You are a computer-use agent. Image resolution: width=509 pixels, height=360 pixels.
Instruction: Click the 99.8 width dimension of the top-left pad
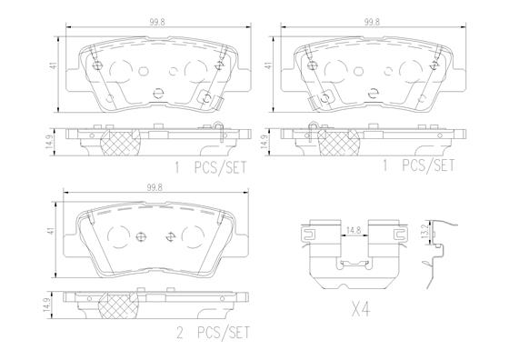[x=157, y=22]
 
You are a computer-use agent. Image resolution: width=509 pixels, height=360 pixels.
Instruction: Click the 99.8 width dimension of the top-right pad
[x=372, y=22]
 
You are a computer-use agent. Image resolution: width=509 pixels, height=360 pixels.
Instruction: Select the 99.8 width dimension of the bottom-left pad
[x=155, y=187]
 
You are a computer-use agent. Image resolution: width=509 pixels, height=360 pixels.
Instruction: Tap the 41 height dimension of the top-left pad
[x=55, y=65]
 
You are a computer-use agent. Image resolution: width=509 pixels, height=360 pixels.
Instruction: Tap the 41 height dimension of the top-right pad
[x=269, y=65]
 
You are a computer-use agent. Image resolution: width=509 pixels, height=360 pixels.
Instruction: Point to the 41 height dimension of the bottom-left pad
[x=51, y=231]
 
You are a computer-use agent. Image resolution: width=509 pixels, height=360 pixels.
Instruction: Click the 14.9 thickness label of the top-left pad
[x=49, y=142]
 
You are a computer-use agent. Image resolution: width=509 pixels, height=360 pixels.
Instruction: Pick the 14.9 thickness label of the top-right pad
[x=264, y=142]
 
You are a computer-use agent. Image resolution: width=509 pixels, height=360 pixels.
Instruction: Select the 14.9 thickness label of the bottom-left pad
[x=46, y=305]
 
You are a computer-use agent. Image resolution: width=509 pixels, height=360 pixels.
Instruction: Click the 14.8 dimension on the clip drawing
[x=354, y=230]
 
